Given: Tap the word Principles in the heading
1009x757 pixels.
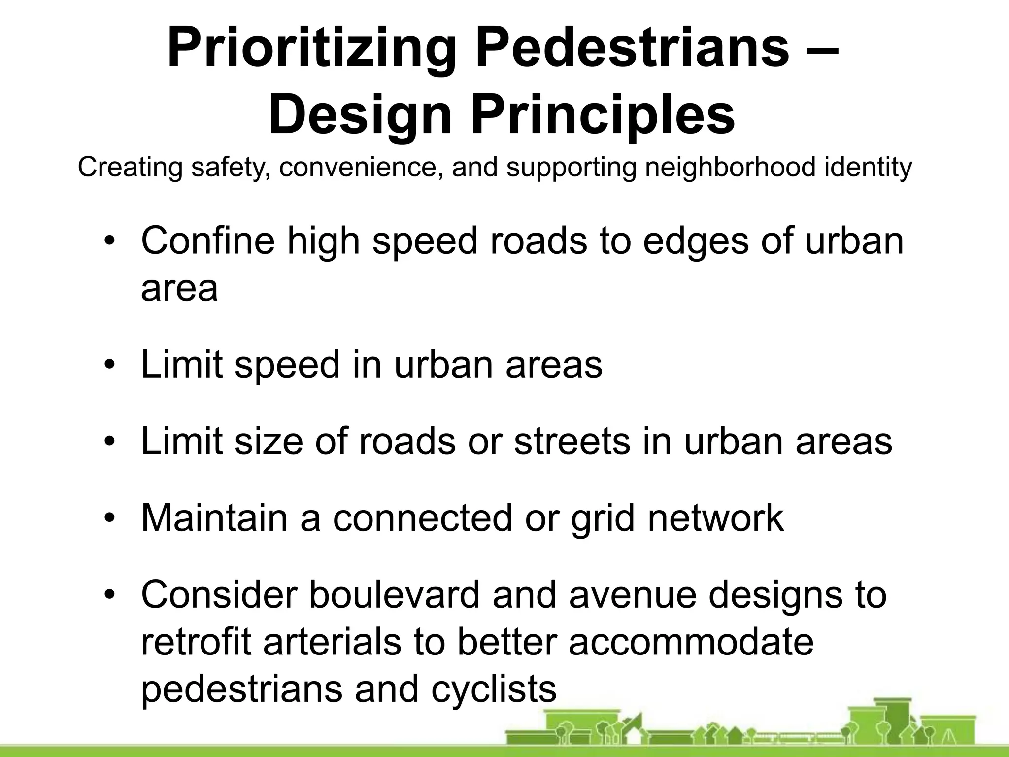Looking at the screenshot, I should [x=603, y=116].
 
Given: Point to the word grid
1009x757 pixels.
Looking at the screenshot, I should [x=603, y=519].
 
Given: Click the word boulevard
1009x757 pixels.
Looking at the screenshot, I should [x=394, y=594].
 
